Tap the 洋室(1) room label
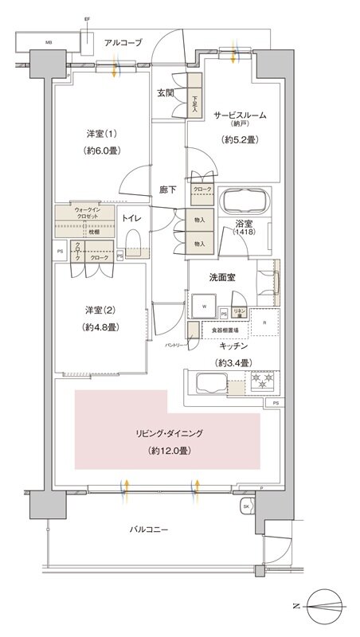point(101,131)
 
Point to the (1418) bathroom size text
point(245,231)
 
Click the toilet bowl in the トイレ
point(134,241)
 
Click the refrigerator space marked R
point(263,323)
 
